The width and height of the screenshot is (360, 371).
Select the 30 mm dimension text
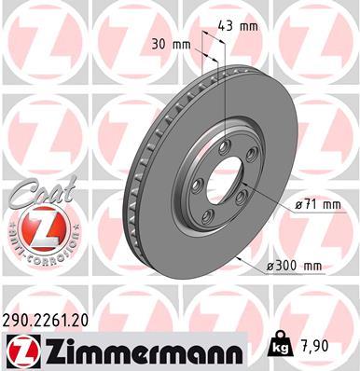[168, 43]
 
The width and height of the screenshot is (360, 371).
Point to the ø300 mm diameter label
[294, 267]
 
